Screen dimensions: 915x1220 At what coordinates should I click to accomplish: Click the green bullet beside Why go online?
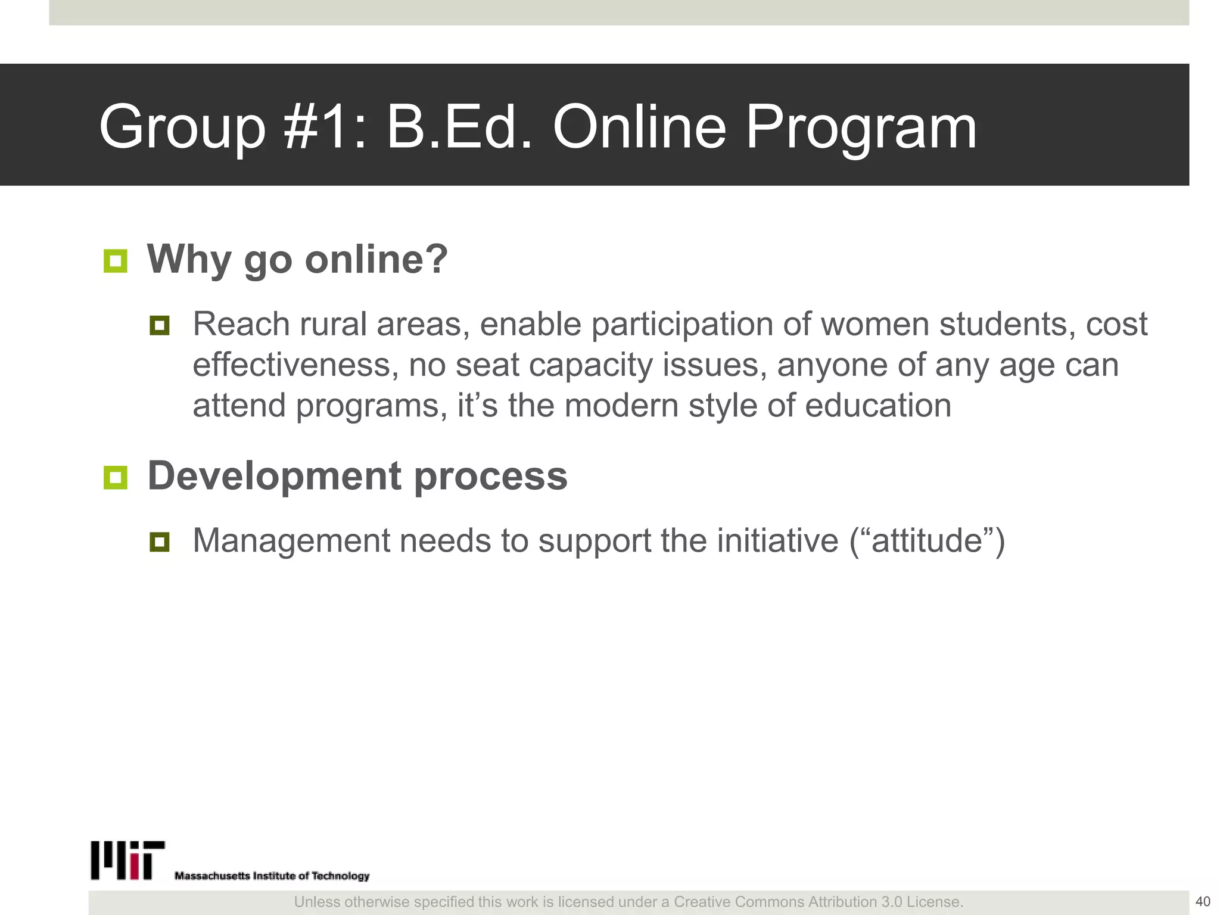coord(115,261)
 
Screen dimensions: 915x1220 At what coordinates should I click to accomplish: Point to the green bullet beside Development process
coord(115,477)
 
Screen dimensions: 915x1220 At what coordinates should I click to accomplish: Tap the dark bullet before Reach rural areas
coord(160,325)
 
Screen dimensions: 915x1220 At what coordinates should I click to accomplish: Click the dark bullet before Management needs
coord(160,541)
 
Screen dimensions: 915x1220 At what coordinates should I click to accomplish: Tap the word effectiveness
coord(295,365)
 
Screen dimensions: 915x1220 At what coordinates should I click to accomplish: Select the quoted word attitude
coord(927,541)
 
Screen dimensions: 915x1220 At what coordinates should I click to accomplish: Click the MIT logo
coord(127,860)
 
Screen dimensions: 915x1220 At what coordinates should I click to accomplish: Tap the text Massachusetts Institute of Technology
coord(272,876)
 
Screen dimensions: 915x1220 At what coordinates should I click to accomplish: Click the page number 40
coord(1203,901)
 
